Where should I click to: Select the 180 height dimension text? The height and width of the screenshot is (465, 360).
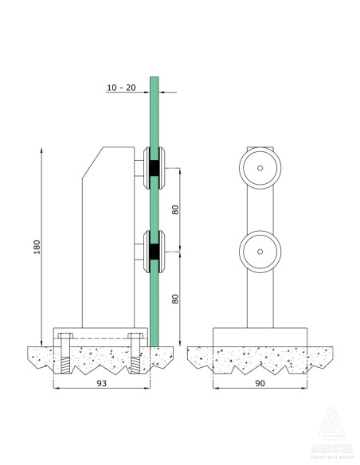pos(35,248)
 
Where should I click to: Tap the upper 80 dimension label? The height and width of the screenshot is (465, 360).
pos(175,211)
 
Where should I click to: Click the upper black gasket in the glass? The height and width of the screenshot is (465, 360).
pos(151,168)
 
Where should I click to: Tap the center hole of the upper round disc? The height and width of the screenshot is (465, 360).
pos(260,168)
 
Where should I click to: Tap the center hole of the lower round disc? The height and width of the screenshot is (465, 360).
pos(260,251)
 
